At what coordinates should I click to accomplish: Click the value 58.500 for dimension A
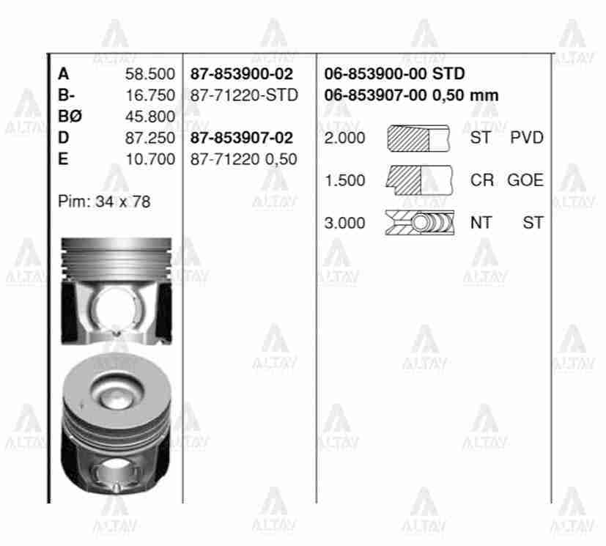click(x=150, y=74)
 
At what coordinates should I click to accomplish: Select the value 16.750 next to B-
click(x=150, y=95)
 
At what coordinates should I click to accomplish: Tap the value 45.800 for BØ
click(x=150, y=117)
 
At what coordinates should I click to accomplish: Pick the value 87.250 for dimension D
click(x=150, y=138)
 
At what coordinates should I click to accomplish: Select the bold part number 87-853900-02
click(x=241, y=74)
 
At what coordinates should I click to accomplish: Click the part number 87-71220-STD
click(x=243, y=95)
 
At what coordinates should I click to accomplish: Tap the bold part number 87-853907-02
click(x=241, y=138)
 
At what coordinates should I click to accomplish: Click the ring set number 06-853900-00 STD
click(x=394, y=74)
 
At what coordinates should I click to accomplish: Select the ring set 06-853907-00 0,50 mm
click(x=410, y=95)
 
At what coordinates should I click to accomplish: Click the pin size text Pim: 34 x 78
click(x=103, y=202)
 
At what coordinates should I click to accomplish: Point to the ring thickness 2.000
click(x=344, y=138)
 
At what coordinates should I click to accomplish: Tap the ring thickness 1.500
click(x=344, y=180)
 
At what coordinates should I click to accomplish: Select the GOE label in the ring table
click(x=525, y=180)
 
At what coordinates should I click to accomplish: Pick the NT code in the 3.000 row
click(x=481, y=223)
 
